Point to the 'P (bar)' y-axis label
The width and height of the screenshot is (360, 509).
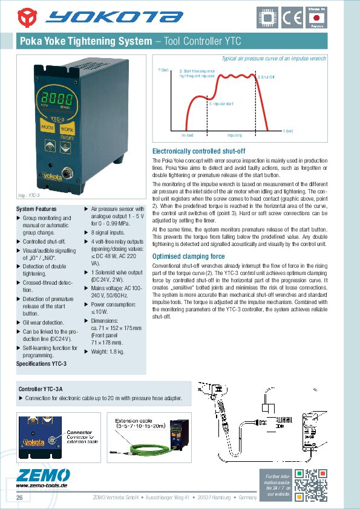(163, 71)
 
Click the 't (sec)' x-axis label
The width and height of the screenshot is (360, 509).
(288, 131)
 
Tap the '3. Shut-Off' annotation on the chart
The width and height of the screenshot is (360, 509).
(266, 78)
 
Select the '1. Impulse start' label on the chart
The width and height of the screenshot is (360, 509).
(221, 104)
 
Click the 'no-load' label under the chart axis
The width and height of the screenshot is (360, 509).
(187, 135)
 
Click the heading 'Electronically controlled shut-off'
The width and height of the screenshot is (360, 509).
(198, 151)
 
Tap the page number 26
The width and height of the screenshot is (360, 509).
(19, 498)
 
